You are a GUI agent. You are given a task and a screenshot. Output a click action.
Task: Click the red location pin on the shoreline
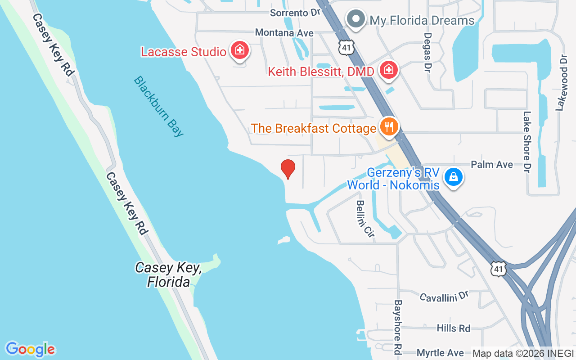tap(288, 169)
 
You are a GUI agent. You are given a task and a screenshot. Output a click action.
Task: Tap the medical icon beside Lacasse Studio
tap(240, 50)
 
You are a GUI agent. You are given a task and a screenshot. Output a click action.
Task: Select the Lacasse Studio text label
tap(184, 52)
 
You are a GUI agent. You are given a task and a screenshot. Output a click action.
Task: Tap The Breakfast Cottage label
tap(313, 128)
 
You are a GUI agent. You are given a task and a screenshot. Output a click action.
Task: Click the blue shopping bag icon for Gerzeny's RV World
tap(454, 177)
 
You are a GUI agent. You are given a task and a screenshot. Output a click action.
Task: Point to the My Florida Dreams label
tap(422, 20)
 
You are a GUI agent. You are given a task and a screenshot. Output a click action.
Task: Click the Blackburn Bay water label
tap(159, 106)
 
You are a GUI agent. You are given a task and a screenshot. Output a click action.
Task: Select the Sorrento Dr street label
tap(295, 13)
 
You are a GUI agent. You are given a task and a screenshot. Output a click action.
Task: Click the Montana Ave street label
tap(284, 33)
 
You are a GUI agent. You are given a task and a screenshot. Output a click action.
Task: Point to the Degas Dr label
tap(428, 52)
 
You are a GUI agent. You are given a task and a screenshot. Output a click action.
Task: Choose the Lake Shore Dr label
tap(527, 141)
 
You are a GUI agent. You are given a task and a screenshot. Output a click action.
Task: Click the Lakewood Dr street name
tap(561, 83)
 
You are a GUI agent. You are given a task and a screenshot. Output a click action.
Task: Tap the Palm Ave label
tap(492, 165)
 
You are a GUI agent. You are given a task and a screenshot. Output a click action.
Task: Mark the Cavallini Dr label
tap(444, 297)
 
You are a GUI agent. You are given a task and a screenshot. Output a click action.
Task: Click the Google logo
tap(31, 349)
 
